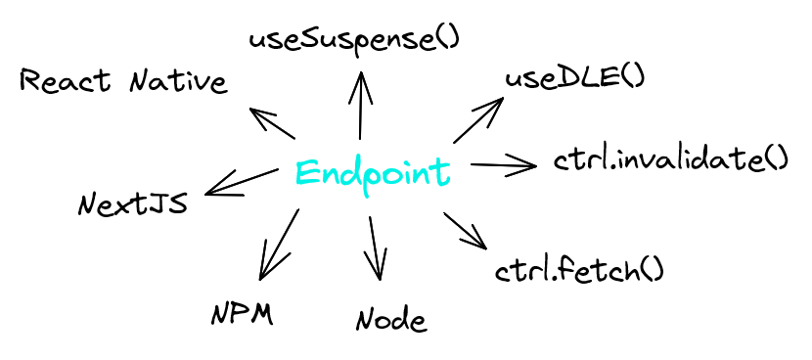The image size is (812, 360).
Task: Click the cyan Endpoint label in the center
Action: (x=373, y=173)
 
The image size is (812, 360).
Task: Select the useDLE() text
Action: (x=574, y=78)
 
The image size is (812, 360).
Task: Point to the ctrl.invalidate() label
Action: (x=670, y=158)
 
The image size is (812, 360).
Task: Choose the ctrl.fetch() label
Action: (x=580, y=268)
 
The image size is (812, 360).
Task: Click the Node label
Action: (x=391, y=319)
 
